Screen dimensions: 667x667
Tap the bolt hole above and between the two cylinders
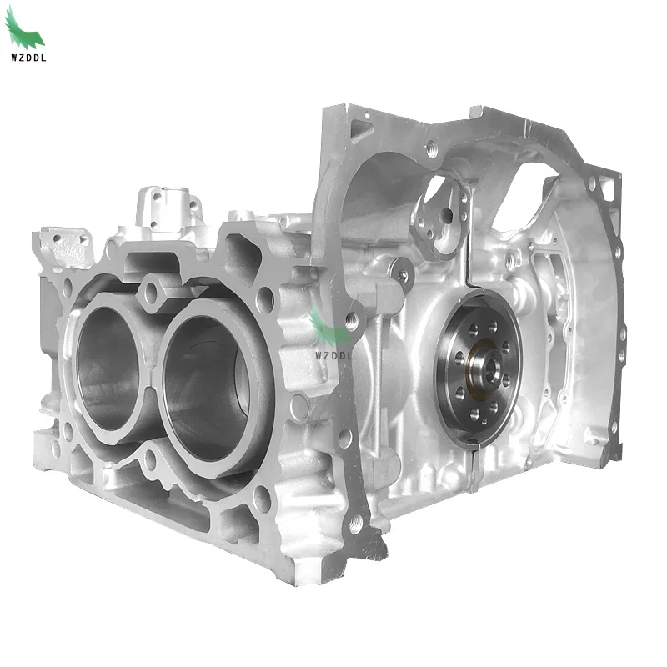(151, 291)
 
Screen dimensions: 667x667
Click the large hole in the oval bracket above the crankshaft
(447, 214)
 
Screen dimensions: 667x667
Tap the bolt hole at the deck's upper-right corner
(265, 298)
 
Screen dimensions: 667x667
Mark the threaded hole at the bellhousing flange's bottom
(356, 524)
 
